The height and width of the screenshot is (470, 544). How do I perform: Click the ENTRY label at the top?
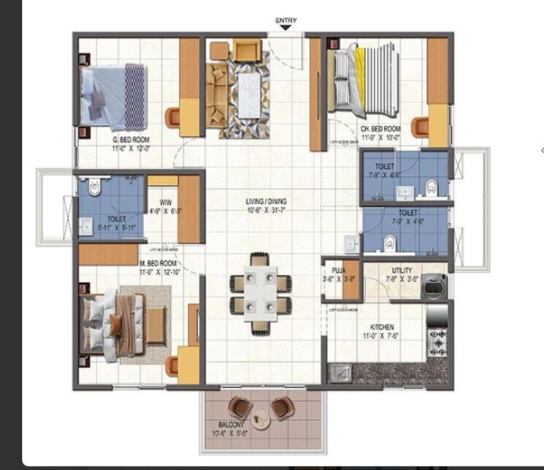click(285, 20)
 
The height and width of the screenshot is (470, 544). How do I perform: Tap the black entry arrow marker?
click(285, 28)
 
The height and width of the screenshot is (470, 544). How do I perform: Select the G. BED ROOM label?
click(131, 139)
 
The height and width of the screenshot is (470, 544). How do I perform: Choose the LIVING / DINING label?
click(267, 201)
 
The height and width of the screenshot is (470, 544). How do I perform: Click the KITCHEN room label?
click(381, 327)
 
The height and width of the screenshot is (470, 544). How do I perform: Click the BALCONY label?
click(230, 424)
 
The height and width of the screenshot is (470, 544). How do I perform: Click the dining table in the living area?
click(260, 292)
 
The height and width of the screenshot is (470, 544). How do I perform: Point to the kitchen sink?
click(339, 374)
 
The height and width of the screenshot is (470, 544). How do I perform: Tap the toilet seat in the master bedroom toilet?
click(93, 189)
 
